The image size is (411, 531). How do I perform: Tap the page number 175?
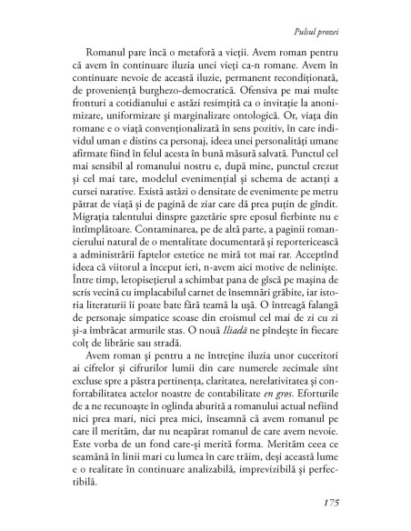(357, 503)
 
